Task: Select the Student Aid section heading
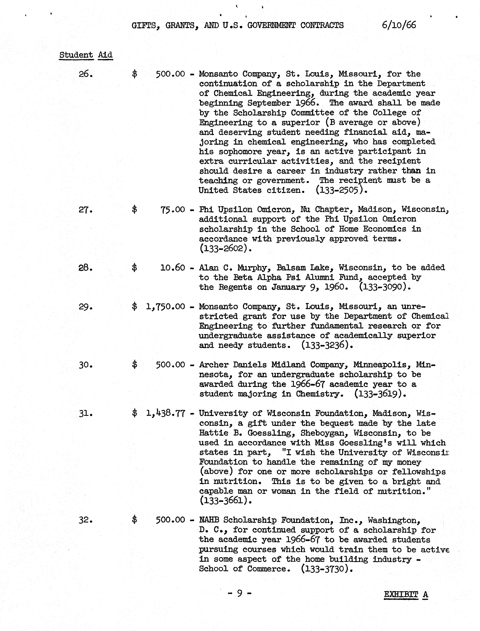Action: point(86,55)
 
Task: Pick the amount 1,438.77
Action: point(165,413)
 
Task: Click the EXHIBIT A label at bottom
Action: point(406,595)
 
